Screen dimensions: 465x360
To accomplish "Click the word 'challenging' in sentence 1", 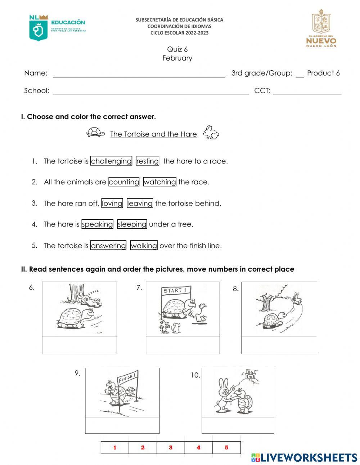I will (111, 161).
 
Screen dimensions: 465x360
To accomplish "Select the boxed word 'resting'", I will (147, 161).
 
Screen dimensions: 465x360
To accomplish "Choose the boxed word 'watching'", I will (159, 182).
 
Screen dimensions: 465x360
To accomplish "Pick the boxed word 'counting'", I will (124, 182).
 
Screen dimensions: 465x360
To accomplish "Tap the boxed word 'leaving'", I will (140, 203).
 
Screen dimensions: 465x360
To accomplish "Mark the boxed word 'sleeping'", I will (132, 224).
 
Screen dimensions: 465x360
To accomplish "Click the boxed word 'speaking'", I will (97, 224).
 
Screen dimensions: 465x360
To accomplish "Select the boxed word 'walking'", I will (144, 245).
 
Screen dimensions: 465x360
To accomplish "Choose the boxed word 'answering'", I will (108, 245).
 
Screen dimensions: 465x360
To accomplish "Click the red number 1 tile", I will (115, 447).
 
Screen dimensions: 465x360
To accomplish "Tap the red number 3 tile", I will (171, 447).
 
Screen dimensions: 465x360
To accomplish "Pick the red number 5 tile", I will (226, 447).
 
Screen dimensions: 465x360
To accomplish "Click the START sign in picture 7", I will (175, 290).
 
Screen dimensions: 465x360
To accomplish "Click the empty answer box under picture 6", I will (79, 345).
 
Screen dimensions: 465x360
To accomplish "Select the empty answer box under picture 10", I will (238, 425).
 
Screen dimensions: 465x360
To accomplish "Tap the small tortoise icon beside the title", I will (95, 132).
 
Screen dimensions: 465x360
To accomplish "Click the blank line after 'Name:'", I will (139, 74).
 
